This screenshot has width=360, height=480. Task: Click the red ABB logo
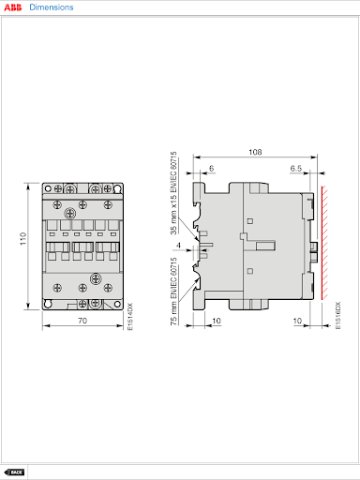[x=13, y=7]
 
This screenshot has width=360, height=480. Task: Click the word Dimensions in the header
[x=52, y=7]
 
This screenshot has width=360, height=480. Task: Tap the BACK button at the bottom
[x=14, y=472]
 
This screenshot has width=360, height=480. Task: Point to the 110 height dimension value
[x=22, y=239]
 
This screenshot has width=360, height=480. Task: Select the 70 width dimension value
[x=82, y=321]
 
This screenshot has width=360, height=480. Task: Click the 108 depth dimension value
[x=255, y=152]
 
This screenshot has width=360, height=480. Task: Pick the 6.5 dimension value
[x=296, y=169]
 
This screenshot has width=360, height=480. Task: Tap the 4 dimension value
[x=178, y=246]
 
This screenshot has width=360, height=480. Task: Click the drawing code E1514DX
[x=130, y=316]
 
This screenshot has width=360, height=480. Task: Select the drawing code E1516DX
[x=337, y=315]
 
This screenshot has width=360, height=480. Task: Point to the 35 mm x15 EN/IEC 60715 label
[x=173, y=193]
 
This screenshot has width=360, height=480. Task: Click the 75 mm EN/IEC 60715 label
[x=173, y=291]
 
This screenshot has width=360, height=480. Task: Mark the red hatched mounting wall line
[x=324, y=243]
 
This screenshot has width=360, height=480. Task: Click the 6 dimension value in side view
[x=212, y=169]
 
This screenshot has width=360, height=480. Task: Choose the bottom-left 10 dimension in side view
[x=217, y=321]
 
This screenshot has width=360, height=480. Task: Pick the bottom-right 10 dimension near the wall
[x=297, y=321]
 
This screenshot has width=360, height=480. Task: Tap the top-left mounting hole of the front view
[x=48, y=188]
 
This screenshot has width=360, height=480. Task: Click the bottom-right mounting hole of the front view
[x=117, y=304]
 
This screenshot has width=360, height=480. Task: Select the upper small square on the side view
[x=250, y=221]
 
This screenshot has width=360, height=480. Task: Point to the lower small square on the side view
[x=250, y=271]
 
